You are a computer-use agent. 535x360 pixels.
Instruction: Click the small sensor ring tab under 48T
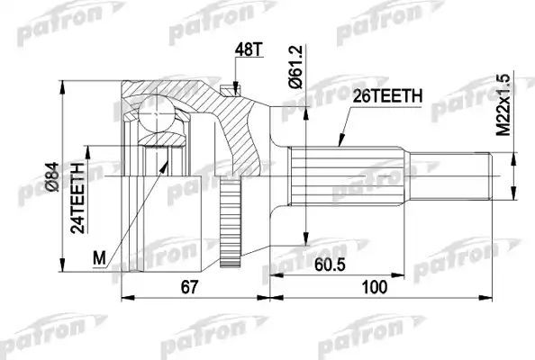[x=235, y=88]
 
